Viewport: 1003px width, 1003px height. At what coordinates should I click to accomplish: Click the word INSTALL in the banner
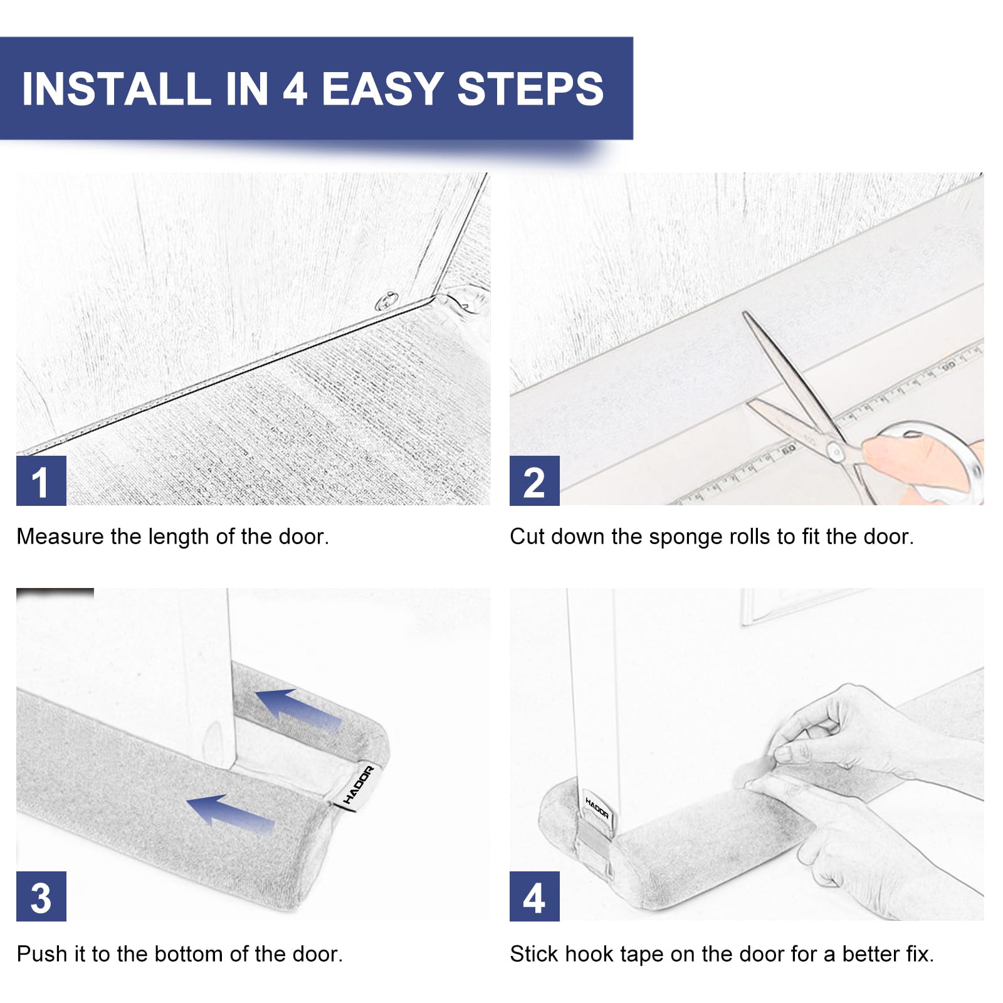(x=116, y=88)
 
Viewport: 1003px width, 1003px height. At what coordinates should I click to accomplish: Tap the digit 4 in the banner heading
(x=295, y=88)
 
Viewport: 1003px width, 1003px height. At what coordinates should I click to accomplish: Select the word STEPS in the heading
(x=530, y=88)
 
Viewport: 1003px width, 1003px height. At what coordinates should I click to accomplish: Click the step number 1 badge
(x=41, y=481)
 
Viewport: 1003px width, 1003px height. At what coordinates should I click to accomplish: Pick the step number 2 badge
(x=534, y=481)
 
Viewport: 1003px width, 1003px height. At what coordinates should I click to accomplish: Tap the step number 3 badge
(x=41, y=896)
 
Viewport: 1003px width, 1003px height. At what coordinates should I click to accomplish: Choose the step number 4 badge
(x=534, y=896)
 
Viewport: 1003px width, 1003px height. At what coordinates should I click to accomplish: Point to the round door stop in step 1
(x=387, y=302)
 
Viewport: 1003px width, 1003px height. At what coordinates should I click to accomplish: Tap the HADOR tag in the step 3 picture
(x=359, y=785)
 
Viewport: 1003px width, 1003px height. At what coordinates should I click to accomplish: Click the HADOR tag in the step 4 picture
(x=597, y=808)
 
